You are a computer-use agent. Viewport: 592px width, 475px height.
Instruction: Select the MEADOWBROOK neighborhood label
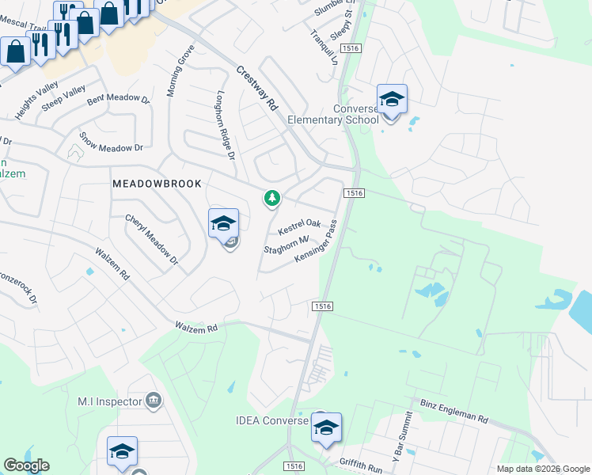click(x=157, y=183)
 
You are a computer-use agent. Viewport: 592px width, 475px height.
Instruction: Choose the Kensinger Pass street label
click(x=317, y=243)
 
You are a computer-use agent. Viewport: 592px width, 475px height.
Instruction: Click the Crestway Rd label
click(x=259, y=88)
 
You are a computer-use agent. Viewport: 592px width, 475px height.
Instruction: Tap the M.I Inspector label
click(x=109, y=401)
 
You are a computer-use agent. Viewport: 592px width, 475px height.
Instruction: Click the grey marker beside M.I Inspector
click(x=154, y=401)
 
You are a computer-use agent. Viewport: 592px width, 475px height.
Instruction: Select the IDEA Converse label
click(x=271, y=420)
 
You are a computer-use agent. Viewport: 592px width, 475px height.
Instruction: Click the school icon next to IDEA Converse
click(x=325, y=428)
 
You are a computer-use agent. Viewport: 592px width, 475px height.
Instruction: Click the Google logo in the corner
click(x=27, y=465)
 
